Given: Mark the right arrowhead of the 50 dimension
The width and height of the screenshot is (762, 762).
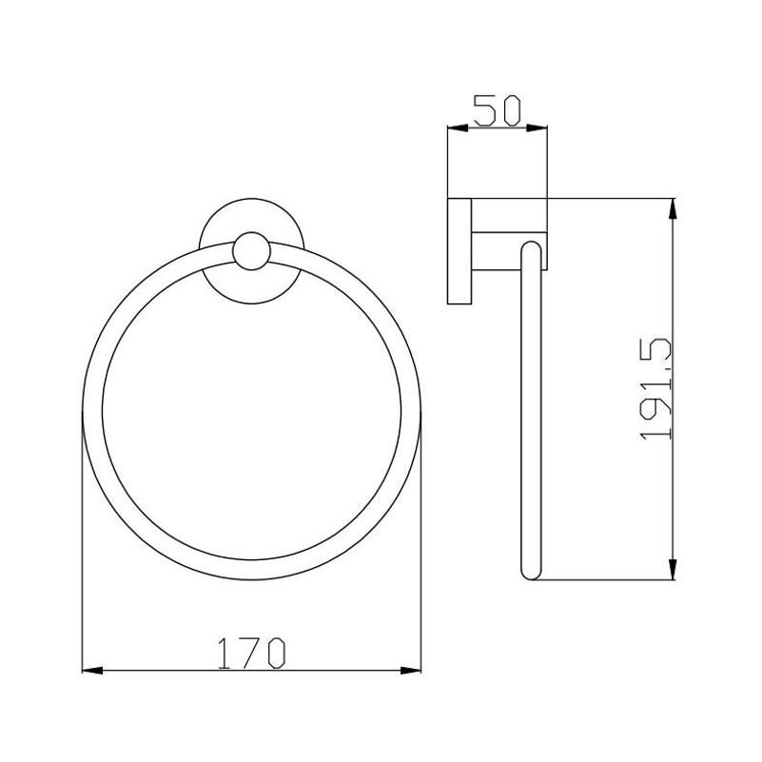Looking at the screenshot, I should click(542, 130).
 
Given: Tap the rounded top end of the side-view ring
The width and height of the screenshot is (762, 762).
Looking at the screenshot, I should click(531, 249).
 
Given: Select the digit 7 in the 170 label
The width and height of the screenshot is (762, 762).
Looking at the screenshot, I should click(249, 653).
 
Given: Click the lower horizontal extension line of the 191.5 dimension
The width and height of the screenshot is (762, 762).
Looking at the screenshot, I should click(609, 579).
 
